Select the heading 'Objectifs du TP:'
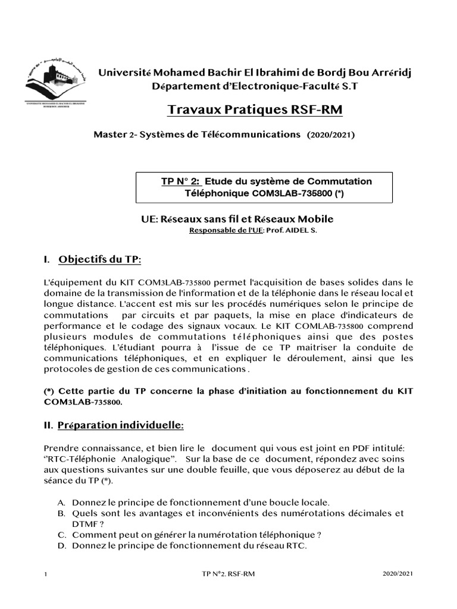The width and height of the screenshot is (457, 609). click(x=100, y=259)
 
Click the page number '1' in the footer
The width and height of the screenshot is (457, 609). click(x=46, y=574)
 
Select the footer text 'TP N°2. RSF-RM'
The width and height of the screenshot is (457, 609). click(x=229, y=574)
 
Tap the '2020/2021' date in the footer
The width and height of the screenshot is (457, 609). click(x=397, y=574)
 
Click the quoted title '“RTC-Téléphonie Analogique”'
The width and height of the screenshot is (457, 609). click(x=111, y=459)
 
